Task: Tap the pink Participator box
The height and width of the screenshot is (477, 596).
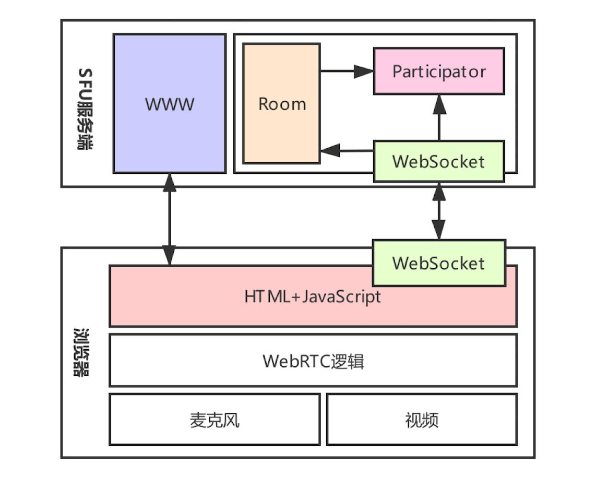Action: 439,71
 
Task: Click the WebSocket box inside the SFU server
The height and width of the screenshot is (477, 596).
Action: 439,161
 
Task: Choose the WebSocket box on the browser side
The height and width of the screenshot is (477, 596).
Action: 439,263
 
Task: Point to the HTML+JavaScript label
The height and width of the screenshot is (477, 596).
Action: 313,297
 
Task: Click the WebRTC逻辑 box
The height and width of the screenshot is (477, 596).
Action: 313,361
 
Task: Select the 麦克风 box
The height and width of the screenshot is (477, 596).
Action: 214,420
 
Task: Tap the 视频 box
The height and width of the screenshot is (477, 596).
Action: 422,420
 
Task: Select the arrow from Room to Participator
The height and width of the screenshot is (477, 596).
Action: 347,71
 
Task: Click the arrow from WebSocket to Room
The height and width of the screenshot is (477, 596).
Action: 347,151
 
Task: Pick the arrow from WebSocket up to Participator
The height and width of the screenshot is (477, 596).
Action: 439,117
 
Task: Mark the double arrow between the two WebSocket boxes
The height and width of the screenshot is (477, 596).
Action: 439,211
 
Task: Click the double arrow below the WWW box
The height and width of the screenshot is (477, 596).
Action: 169,219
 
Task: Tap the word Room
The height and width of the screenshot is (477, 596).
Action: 282,104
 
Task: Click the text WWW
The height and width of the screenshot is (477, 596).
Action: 170,104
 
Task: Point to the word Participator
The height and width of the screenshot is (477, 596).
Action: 439,71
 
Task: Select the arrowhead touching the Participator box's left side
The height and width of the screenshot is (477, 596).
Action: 364,71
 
